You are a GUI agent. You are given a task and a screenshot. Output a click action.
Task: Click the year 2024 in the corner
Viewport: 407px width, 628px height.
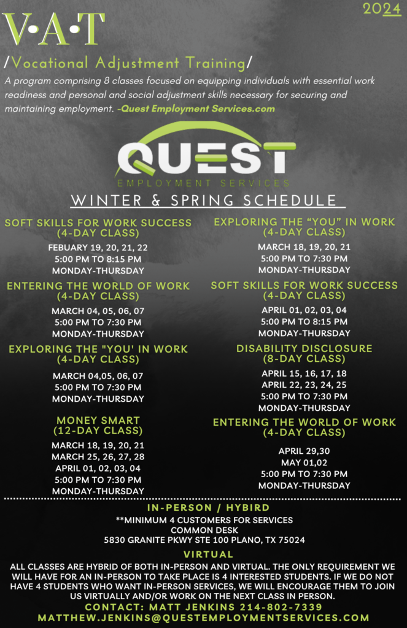point(381,9)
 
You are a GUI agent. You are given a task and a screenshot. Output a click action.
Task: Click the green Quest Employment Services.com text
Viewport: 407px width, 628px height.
point(198,109)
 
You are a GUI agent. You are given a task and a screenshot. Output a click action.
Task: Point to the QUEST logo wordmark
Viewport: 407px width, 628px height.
point(203,159)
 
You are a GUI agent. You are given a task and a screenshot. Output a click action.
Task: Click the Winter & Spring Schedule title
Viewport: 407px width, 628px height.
point(203,201)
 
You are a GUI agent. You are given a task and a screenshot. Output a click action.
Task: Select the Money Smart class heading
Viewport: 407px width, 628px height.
point(98,421)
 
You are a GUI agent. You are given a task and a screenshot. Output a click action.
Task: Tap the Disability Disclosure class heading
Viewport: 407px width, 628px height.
point(304,348)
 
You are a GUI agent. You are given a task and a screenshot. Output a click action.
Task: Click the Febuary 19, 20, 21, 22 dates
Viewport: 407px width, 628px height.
point(98,248)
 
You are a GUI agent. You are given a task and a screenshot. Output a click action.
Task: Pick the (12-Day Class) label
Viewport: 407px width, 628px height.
point(98,431)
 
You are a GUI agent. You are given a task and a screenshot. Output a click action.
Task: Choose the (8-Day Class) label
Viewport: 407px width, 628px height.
point(304,358)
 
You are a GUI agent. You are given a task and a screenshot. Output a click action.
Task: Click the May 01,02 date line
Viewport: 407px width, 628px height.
point(304,462)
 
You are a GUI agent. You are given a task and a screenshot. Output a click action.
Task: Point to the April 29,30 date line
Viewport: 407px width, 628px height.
point(304,451)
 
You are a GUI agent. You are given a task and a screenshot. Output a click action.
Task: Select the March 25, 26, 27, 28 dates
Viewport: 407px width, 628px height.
point(98,457)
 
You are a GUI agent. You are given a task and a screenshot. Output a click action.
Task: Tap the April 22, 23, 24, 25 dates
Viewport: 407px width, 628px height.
point(304,385)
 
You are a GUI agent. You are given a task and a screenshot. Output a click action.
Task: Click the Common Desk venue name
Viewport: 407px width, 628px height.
point(203,530)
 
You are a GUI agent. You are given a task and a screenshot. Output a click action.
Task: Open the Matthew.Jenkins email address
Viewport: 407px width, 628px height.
point(203,618)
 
